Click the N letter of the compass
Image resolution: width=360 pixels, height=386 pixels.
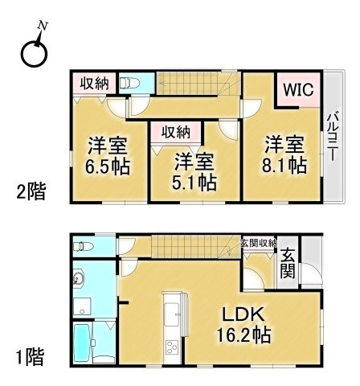tap(43, 26)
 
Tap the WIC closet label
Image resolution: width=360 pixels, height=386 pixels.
tap(299, 89)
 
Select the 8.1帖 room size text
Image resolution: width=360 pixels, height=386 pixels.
tap(284, 166)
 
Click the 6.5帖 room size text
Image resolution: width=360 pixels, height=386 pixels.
tap(108, 166)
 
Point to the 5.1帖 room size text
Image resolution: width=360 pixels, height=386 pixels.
tap(194, 183)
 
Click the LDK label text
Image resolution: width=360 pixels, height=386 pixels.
tap(243, 315)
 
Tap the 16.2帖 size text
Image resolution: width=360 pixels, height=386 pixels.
tap(243, 335)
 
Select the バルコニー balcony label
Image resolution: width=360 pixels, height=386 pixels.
tap(333, 137)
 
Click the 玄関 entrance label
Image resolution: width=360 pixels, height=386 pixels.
tap(288, 264)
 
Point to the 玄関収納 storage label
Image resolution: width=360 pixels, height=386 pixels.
tap(259, 243)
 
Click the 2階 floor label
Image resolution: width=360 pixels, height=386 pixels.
tap(31, 191)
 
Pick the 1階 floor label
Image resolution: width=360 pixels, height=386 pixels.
tap(30, 357)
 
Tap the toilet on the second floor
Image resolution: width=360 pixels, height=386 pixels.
tap(129, 83)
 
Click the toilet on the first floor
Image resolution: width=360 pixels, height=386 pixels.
tap(84, 246)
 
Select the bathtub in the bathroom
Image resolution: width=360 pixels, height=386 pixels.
tap(83, 343)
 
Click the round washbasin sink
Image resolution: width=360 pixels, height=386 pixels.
tap(79, 280)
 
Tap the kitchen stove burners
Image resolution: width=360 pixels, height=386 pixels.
tap(171, 347)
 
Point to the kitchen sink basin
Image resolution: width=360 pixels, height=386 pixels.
tap(171, 314)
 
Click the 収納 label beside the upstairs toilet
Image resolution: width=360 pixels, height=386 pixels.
tap(95, 84)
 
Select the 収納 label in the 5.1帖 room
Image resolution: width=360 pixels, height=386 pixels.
tap(176, 132)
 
